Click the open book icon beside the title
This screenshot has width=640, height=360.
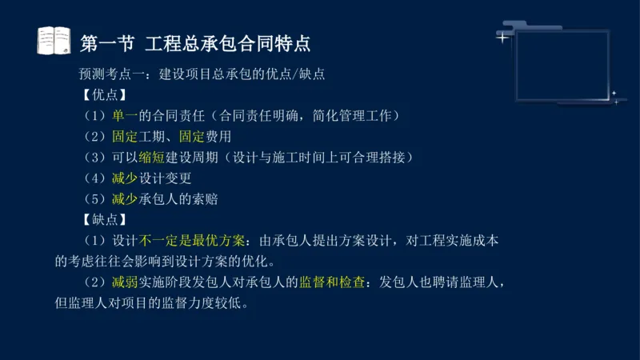coord(54,40)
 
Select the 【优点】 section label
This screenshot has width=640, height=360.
coord(105,94)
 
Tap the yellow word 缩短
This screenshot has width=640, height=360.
coord(152,157)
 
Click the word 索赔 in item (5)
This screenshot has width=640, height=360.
coord(205,198)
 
